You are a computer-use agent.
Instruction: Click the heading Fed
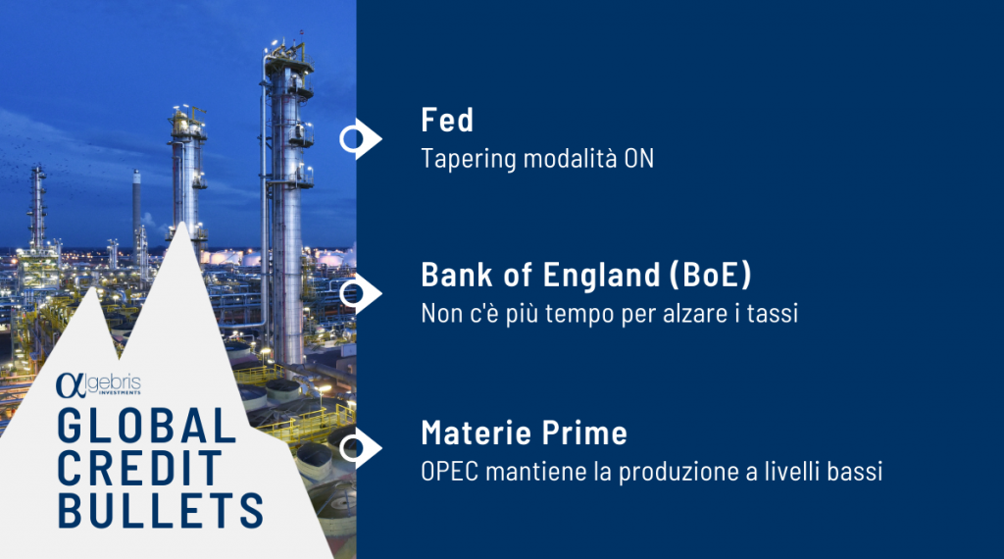pos(447,120)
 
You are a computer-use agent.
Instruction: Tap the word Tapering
pos(468,159)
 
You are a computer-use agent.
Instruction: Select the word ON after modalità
pos(638,158)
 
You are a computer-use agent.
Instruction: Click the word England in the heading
pos(601,275)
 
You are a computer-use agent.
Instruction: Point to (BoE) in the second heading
pos(710,275)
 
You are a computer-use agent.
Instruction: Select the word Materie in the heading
pos(477,432)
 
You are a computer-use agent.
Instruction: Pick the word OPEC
pos(449,472)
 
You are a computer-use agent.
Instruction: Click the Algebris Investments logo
pos(98,384)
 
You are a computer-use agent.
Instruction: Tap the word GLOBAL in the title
pos(147,426)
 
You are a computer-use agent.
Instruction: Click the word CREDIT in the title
pos(139,468)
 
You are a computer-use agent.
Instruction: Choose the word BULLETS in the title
pos(160,510)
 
